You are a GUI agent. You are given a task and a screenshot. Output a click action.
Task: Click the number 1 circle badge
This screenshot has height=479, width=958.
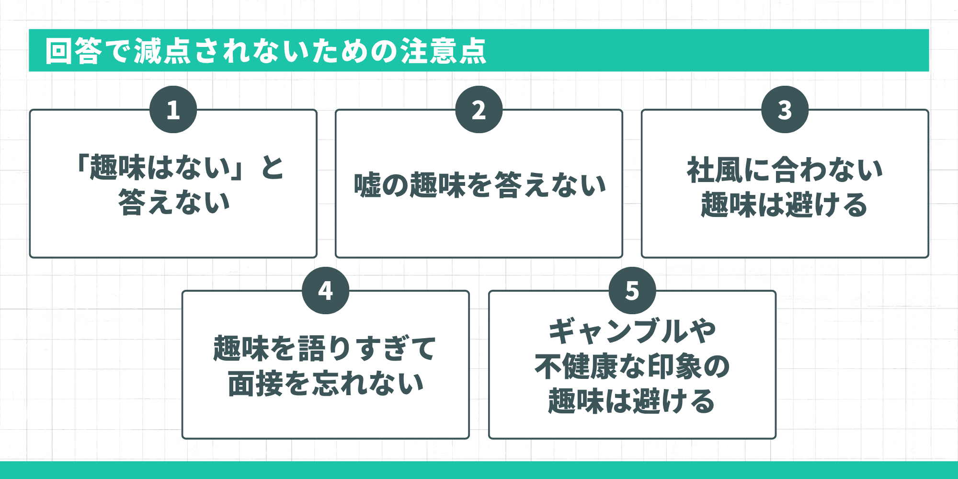[173, 110]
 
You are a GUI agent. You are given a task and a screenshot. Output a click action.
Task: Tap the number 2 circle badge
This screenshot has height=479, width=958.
[479, 110]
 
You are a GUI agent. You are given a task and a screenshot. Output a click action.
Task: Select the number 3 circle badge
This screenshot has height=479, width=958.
[785, 110]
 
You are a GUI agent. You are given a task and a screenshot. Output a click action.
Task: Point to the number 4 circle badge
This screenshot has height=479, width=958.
[325, 290]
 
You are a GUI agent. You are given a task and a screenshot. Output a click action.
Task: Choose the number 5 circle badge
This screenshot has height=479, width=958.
[632, 290]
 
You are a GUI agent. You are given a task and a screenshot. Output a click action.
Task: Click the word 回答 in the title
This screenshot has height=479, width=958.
[74, 51]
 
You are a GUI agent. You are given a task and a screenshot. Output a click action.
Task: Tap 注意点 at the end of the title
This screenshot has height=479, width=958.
[444, 51]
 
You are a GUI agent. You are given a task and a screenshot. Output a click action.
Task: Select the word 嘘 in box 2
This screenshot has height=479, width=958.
[367, 185]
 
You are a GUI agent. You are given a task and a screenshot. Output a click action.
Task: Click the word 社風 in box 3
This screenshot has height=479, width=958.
[715, 170]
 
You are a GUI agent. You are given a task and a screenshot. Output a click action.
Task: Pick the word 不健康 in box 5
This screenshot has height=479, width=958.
[577, 366]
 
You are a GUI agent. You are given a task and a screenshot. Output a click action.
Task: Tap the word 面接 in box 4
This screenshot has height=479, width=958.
[255, 384]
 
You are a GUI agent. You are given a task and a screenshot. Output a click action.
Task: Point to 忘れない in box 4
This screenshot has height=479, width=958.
[368, 384]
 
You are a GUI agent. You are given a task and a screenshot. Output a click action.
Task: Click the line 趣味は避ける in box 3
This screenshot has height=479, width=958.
[784, 205]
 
